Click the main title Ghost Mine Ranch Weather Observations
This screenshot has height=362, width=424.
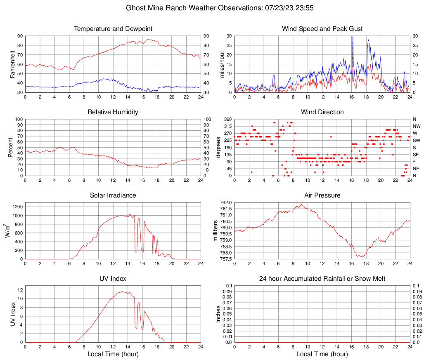click(x=211, y=8)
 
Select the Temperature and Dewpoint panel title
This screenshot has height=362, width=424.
click(x=113, y=29)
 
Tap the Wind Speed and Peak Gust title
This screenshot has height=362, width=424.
click(x=322, y=29)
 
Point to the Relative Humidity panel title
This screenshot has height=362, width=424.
click(x=113, y=112)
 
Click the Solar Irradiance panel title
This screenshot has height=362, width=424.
click(x=113, y=195)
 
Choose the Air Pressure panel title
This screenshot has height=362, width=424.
click(x=322, y=195)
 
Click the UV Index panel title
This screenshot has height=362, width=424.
click(x=113, y=279)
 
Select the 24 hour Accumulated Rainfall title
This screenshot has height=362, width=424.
click(x=322, y=279)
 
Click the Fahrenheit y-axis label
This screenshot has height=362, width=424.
click(x=13, y=64)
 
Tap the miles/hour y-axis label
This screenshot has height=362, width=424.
click(x=222, y=64)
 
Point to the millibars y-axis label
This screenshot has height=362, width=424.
click(x=215, y=231)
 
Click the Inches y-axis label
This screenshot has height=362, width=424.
click(x=218, y=314)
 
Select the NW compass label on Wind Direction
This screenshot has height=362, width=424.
click(x=417, y=126)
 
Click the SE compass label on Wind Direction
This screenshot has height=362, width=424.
click(x=416, y=155)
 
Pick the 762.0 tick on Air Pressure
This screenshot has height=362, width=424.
click(x=225, y=202)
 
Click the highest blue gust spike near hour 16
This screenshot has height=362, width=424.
click(x=352, y=37)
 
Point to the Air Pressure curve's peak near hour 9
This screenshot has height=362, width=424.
click(x=301, y=204)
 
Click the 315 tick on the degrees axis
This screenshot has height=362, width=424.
click(x=226, y=126)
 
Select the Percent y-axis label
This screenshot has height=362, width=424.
click(x=10, y=147)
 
